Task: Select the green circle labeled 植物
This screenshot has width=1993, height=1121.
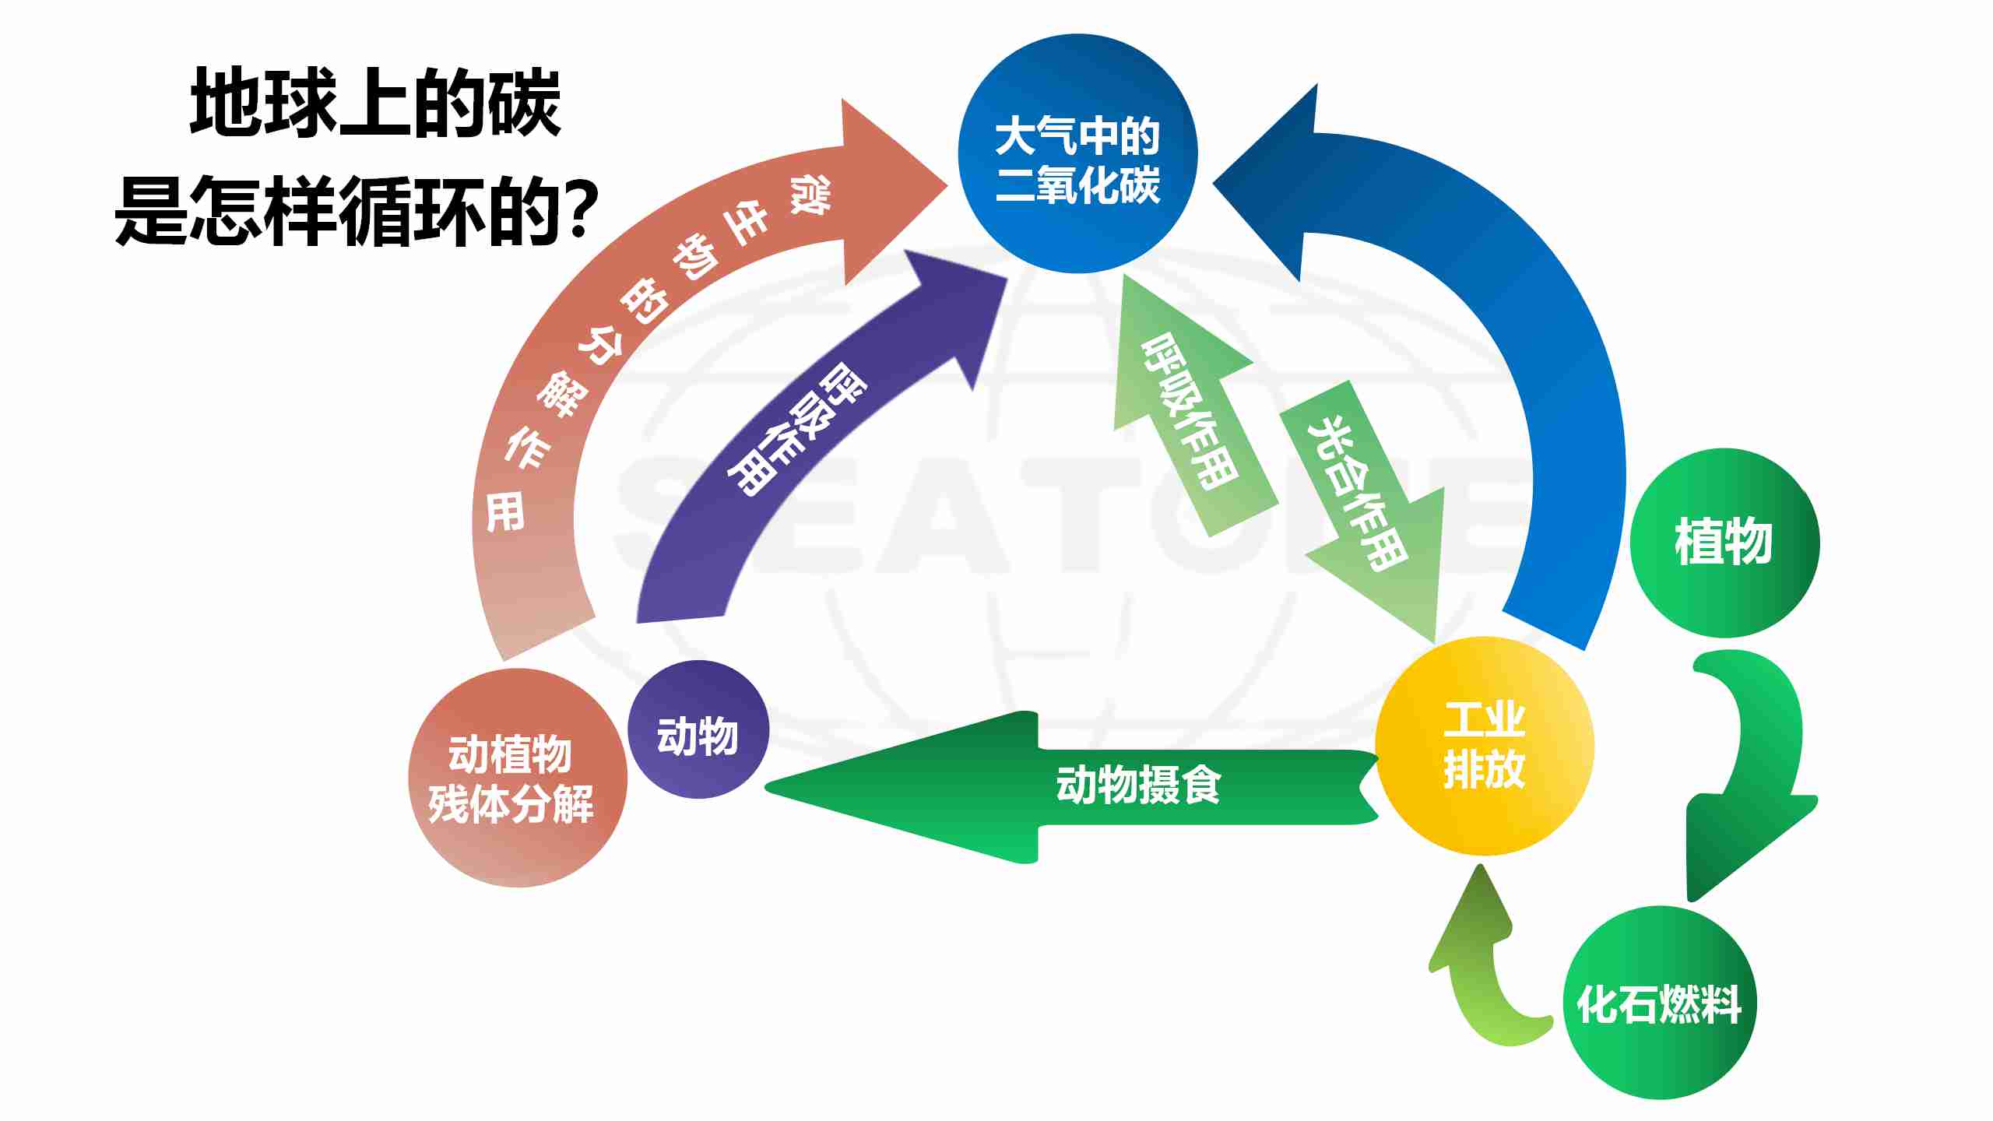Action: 1724,543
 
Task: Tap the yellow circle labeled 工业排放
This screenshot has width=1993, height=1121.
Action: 1484,746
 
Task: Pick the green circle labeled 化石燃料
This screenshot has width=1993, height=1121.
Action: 1659,1003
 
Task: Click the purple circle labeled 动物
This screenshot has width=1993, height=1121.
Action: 698,729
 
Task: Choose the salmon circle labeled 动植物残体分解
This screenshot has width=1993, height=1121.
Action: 517,778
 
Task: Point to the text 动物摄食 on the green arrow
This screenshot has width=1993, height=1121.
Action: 1138,785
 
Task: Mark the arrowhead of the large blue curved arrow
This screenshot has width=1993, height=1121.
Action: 1277,184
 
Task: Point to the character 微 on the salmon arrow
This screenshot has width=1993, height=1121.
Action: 810,194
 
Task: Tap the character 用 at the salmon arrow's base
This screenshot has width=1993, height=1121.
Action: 505,513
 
